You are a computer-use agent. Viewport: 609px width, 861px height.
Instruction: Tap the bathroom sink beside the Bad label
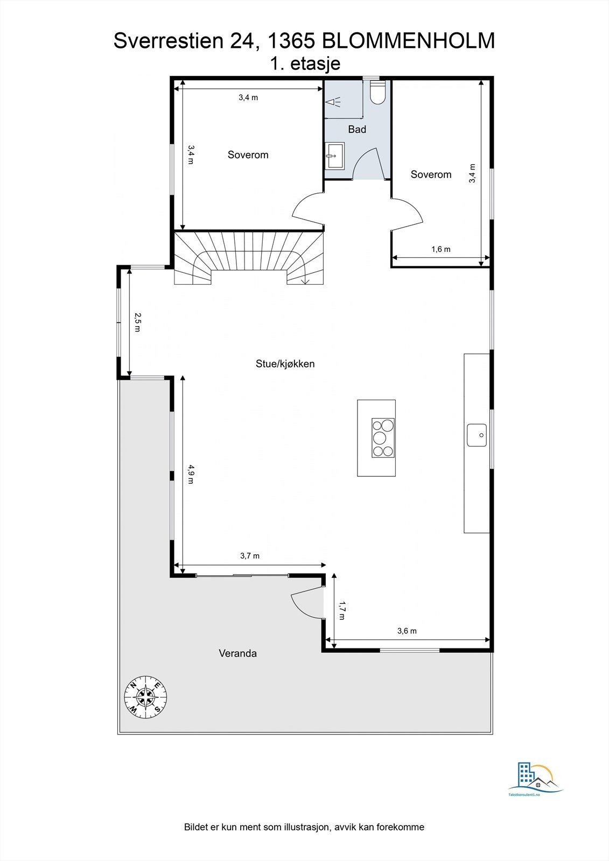[x=335, y=156]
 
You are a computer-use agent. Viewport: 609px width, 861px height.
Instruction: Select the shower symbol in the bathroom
[x=334, y=101]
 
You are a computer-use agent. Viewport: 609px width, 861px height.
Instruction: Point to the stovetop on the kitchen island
[x=383, y=437]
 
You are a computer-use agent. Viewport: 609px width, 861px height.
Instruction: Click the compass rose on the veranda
[x=145, y=696]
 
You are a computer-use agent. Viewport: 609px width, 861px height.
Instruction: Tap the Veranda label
[x=237, y=654]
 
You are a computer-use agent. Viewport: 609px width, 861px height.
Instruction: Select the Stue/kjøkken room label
[x=285, y=364]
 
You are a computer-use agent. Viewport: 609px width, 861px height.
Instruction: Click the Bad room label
[x=357, y=129]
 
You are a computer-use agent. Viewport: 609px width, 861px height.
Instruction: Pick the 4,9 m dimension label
[x=191, y=474]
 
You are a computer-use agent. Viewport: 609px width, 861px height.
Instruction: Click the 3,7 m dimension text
[x=250, y=555]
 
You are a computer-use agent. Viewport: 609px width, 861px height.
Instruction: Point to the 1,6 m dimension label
[x=440, y=249]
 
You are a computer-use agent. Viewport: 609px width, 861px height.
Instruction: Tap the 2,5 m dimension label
[x=137, y=322]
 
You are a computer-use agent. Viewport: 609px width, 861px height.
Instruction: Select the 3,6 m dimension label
[x=407, y=631]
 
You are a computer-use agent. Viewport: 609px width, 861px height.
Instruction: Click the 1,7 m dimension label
[x=341, y=611]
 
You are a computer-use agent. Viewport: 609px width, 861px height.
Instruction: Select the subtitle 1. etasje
[x=305, y=63]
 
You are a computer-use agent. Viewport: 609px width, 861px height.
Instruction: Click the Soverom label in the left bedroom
[x=248, y=155]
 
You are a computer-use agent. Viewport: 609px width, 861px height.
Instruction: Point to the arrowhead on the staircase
[x=305, y=280]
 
